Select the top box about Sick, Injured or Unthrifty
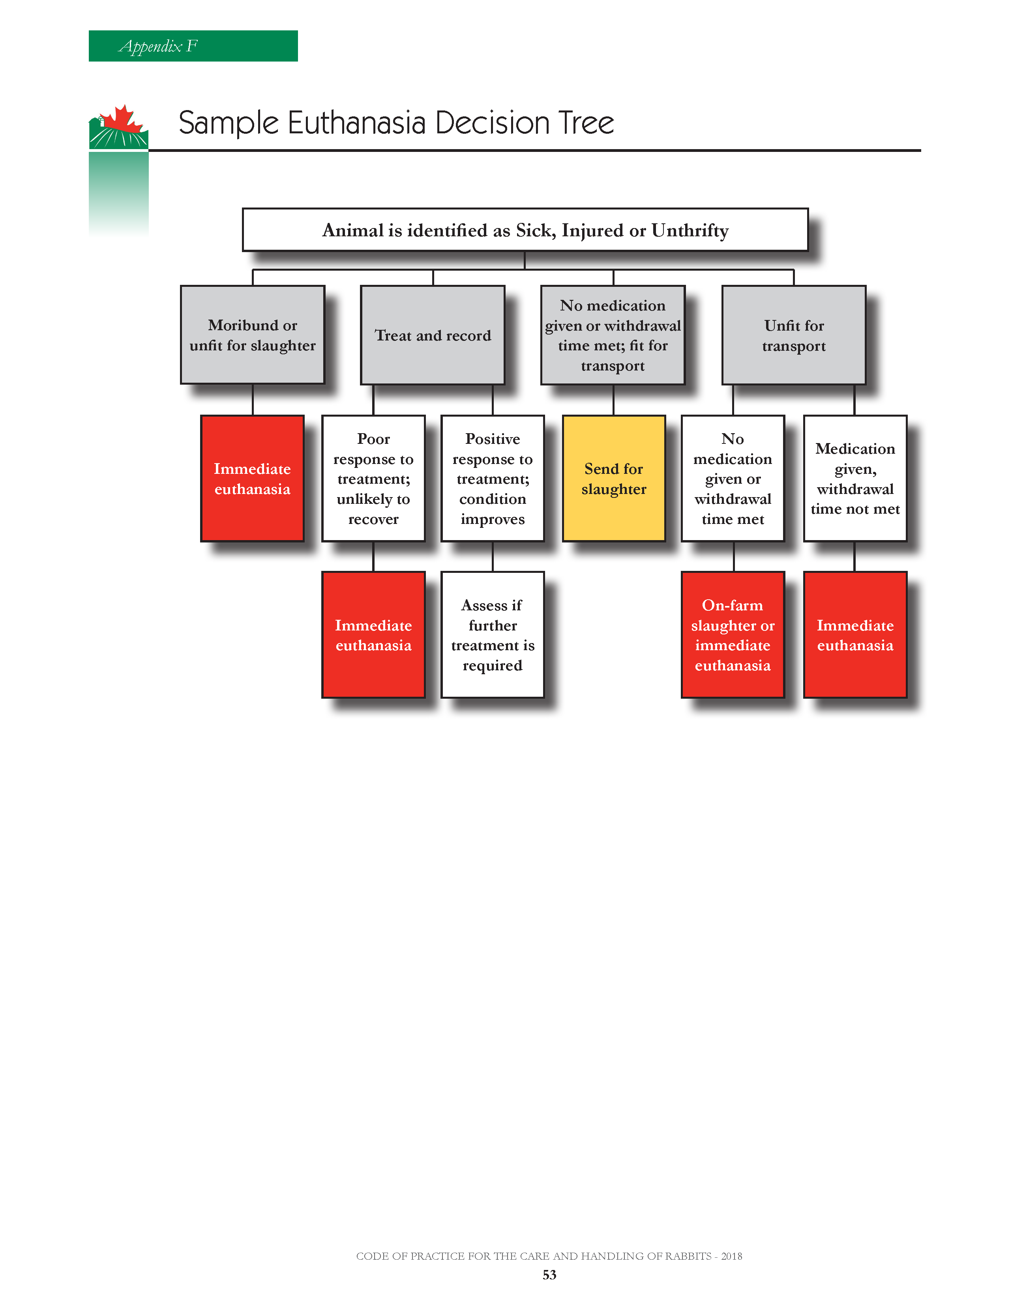(x=525, y=230)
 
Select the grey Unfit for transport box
(x=794, y=335)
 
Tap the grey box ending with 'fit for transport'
(x=613, y=335)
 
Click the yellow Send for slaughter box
(x=614, y=479)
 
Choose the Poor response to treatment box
(x=373, y=479)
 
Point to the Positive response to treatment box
(x=493, y=479)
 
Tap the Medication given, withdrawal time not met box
(x=855, y=479)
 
